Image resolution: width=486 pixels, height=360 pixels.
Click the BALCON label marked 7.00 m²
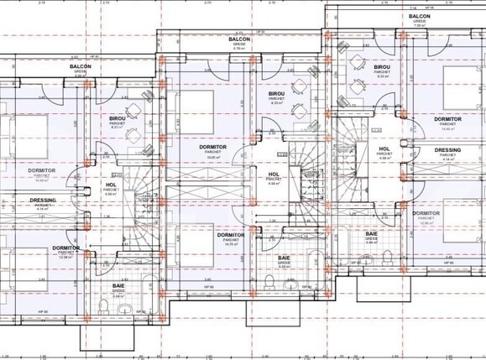pyautogui.click(x=420, y=17)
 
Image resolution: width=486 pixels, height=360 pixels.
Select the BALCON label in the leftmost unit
pyautogui.click(x=81, y=66)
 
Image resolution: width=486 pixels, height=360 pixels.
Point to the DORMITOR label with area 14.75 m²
pyautogui.click(x=231, y=236)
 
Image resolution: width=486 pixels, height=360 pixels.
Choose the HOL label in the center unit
pyautogui.click(x=274, y=175)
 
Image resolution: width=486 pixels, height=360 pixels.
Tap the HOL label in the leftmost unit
pyautogui.click(x=111, y=185)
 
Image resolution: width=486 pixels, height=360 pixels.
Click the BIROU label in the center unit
pyautogui.click(x=277, y=94)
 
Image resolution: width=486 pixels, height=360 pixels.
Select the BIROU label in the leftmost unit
pyautogui.click(x=118, y=120)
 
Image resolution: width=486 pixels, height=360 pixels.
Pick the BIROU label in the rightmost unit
pyautogui.click(x=382, y=67)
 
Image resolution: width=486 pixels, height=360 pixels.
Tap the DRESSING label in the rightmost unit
pyautogui.click(x=447, y=150)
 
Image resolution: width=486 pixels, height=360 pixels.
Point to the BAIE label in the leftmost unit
pyautogui.click(x=119, y=287)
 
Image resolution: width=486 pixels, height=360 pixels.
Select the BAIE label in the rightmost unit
pyautogui.click(x=370, y=234)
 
